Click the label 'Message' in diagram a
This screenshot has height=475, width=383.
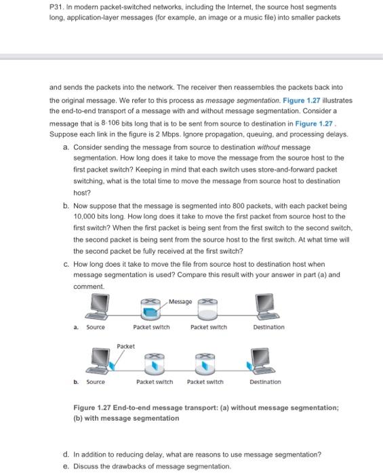[x=180, y=301]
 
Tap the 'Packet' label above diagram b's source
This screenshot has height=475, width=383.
[x=125, y=346]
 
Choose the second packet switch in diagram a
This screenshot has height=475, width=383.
[x=207, y=309]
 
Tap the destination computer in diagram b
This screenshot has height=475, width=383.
[x=261, y=360]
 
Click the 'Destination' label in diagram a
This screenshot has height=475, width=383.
[x=268, y=327]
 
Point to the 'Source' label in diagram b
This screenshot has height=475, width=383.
[x=96, y=381]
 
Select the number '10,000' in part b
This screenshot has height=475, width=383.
[x=86, y=216]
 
